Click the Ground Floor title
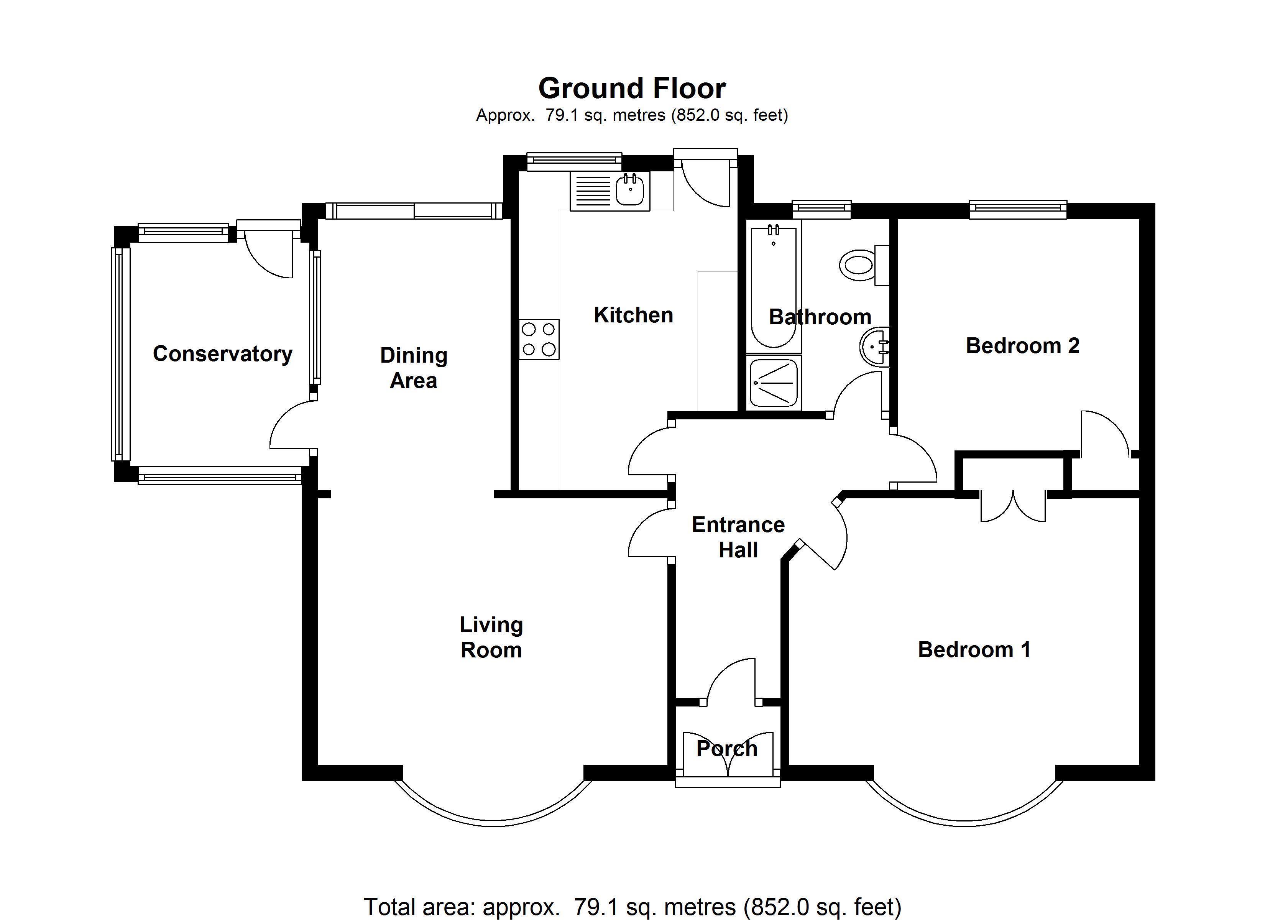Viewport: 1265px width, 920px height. click(x=632, y=89)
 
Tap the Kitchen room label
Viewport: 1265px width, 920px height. click(x=633, y=315)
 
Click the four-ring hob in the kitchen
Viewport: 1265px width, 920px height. click(x=539, y=339)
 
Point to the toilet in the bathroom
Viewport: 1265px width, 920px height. click(x=859, y=265)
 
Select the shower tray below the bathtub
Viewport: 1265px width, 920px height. click(x=774, y=383)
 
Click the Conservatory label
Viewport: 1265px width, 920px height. click(x=223, y=354)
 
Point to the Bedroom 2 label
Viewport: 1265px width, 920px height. click(x=1022, y=346)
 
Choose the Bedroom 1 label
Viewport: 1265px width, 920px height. click(x=974, y=649)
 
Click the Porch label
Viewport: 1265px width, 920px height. click(x=727, y=748)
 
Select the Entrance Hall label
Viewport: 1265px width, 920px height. click(x=738, y=537)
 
